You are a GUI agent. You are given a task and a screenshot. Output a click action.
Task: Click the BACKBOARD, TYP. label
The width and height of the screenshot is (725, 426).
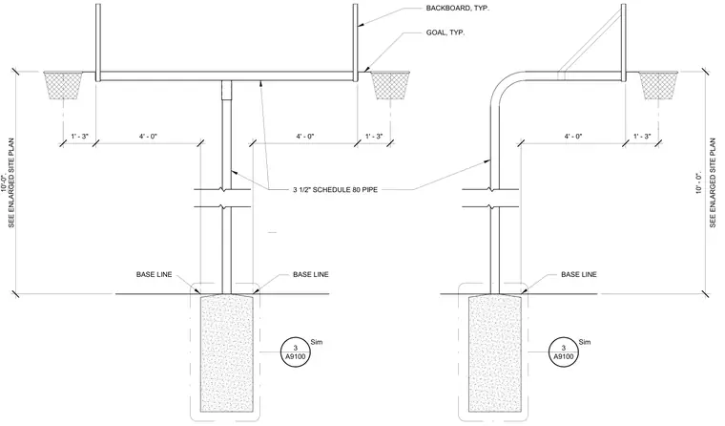pos(457,8)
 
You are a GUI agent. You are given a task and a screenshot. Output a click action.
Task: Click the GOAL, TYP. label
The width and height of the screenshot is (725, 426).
pos(445,32)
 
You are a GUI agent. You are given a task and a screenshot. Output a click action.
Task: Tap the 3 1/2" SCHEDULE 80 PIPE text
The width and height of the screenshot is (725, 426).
pos(335,189)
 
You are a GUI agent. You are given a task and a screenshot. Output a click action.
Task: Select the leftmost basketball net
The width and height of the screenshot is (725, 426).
pos(63,85)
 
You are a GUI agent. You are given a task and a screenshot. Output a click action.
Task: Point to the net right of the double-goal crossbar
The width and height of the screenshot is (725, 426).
pos(390,85)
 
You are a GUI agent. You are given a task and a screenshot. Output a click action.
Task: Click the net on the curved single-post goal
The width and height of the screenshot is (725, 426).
pos(658,85)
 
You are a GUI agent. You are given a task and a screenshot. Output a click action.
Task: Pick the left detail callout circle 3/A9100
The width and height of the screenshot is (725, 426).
pos(296,352)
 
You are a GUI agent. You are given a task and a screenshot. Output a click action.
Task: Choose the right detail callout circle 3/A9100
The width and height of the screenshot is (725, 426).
pos(564,352)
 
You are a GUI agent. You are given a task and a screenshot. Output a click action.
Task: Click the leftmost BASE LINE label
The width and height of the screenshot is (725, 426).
pos(154,274)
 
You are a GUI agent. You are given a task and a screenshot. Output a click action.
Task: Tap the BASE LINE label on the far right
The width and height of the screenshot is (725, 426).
pos(579,274)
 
